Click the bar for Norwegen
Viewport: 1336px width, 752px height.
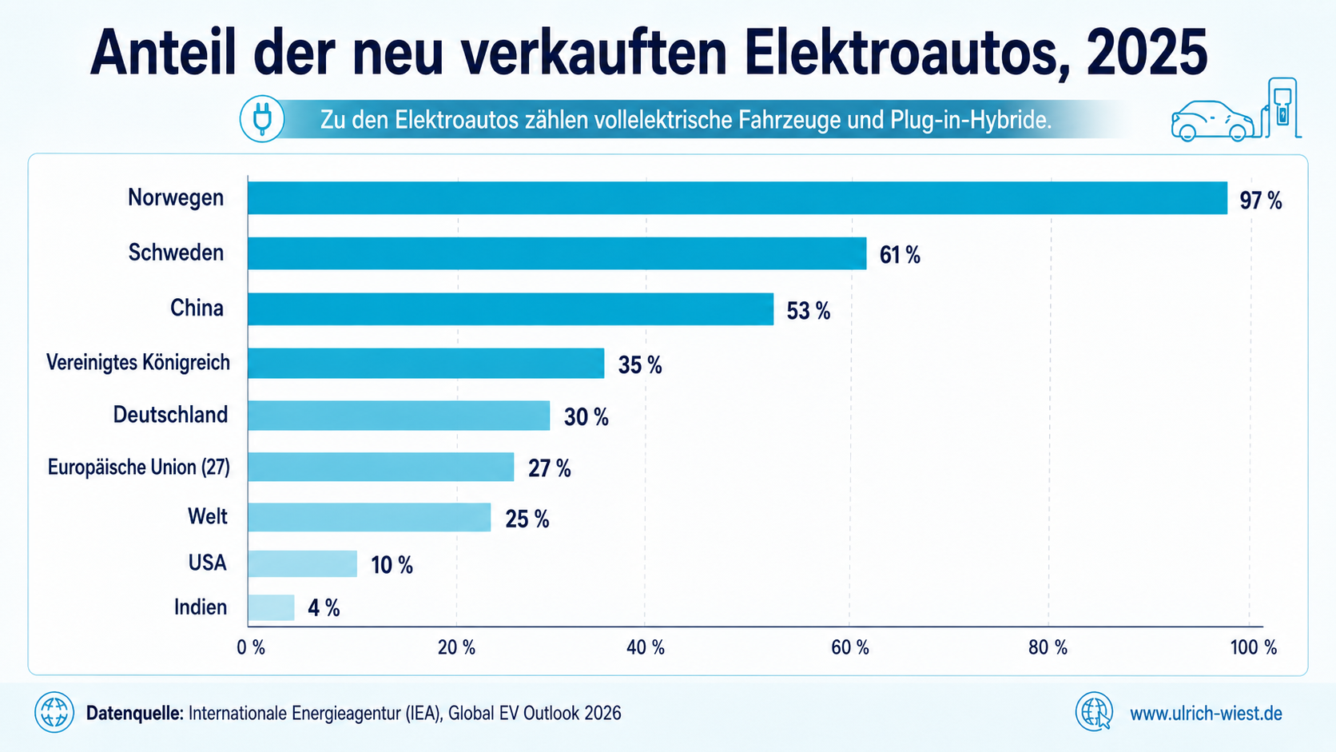click(738, 198)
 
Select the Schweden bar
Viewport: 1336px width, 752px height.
click(557, 253)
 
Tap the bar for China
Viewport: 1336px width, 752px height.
click(511, 309)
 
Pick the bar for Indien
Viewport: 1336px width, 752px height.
click(272, 607)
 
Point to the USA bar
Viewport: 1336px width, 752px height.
click(302, 563)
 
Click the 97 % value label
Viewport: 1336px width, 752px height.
click(1261, 201)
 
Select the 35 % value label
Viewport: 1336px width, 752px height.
click(640, 365)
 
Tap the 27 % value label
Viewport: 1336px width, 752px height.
click(549, 469)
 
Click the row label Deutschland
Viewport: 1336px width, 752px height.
click(170, 415)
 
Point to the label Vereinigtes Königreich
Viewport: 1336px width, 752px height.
click(137, 362)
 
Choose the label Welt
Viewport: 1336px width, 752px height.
click(208, 515)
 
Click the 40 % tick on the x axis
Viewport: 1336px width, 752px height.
click(646, 647)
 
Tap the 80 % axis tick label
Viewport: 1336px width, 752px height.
click(1048, 647)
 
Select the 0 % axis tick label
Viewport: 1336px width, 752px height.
click(251, 647)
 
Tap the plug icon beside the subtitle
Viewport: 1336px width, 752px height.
click(262, 119)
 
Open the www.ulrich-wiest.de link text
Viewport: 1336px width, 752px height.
click(1206, 713)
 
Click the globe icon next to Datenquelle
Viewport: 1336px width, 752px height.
click(54, 712)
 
